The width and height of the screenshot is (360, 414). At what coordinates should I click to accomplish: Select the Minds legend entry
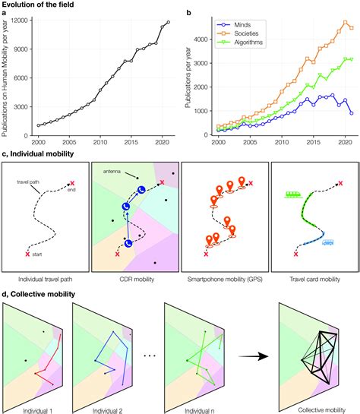pyautogui.click(x=232, y=24)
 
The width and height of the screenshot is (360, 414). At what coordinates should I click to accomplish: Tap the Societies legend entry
pyautogui.click(x=237, y=33)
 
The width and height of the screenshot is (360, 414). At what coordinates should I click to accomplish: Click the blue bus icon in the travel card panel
pyautogui.click(x=327, y=242)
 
